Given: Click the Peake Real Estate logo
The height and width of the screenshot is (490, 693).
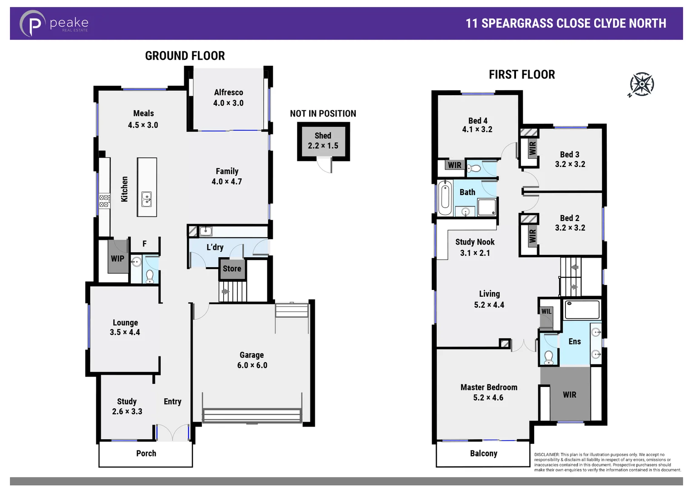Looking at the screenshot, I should (54, 24).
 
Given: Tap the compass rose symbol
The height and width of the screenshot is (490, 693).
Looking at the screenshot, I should (642, 84).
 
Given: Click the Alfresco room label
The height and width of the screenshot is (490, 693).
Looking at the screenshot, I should (228, 93).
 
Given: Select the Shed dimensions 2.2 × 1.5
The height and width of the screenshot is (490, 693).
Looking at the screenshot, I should (323, 146).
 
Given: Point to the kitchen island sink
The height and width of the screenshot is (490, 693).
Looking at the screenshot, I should (147, 199).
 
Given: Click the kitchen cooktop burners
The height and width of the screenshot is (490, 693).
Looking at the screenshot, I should (104, 201).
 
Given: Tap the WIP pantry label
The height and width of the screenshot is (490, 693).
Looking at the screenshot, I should (118, 259).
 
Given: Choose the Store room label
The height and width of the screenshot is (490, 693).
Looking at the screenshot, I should (232, 269).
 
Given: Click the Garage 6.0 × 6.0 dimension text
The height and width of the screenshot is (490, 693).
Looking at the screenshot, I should (252, 365).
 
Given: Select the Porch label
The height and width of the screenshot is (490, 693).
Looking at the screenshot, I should (146, 453).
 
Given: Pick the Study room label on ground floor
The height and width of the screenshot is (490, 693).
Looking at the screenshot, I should (127, 402).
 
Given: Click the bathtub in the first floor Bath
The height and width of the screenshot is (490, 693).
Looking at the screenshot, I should (445, 198).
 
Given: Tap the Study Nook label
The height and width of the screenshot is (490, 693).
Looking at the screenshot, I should (475, 242).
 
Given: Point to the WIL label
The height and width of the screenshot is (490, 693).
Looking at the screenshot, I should (546, 311).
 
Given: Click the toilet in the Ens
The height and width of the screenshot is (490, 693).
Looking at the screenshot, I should (549, 357).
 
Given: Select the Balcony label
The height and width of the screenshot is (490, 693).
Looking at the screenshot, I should (483, 453).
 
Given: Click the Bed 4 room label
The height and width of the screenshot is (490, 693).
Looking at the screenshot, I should (477, 121).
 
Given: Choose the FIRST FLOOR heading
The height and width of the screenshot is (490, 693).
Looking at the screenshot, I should (521, 75).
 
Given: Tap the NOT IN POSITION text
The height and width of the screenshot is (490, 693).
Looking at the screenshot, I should (323, 114).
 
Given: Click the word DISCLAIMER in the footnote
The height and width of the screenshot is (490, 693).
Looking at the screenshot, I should (546, 455).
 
